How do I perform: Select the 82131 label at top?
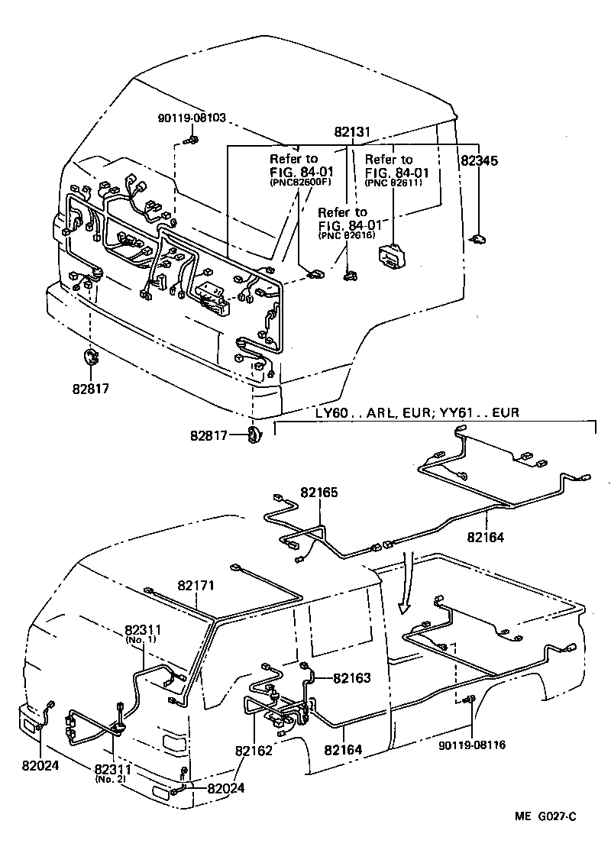point(351,132)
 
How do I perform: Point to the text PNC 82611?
point(393,184)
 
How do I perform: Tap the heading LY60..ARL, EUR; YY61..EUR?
point(417,412)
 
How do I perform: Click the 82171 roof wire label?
point(196,586)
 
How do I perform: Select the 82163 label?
point(351,677)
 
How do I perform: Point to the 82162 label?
point(254,750)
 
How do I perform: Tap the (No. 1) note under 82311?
point(141,639)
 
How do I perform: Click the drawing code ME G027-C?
point(545,817)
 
